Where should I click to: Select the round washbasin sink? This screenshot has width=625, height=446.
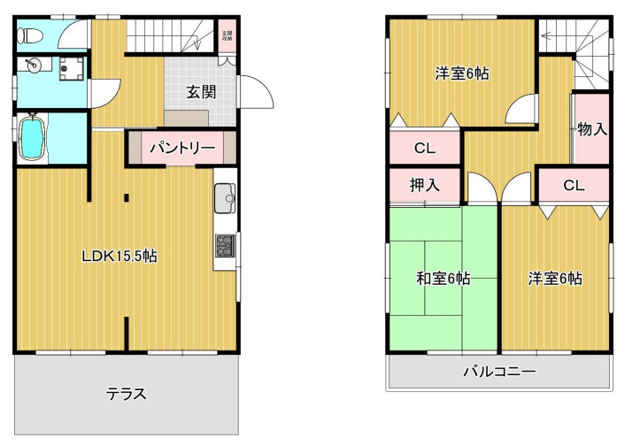click(32, 66)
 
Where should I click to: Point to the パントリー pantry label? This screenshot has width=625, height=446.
click(181, 148)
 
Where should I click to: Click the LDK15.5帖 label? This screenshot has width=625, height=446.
click(120, 257)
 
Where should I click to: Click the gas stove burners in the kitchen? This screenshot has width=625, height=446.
click(224, 247)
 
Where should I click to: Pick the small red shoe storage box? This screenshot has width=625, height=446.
click(227, 36)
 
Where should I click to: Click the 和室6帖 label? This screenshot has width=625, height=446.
click(443, 279)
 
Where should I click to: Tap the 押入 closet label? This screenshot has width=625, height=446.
click(423, 186)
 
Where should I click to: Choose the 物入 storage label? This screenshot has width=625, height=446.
click(591, 129)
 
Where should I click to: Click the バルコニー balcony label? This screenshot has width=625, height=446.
click(498, 373)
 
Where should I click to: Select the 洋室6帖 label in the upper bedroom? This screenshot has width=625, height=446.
click(460, 73)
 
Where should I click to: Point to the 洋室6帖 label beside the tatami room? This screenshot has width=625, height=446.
click(555, 279)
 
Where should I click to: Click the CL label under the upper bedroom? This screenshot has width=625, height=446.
click(424, 148)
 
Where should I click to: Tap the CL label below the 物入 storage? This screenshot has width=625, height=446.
click(574, 186)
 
